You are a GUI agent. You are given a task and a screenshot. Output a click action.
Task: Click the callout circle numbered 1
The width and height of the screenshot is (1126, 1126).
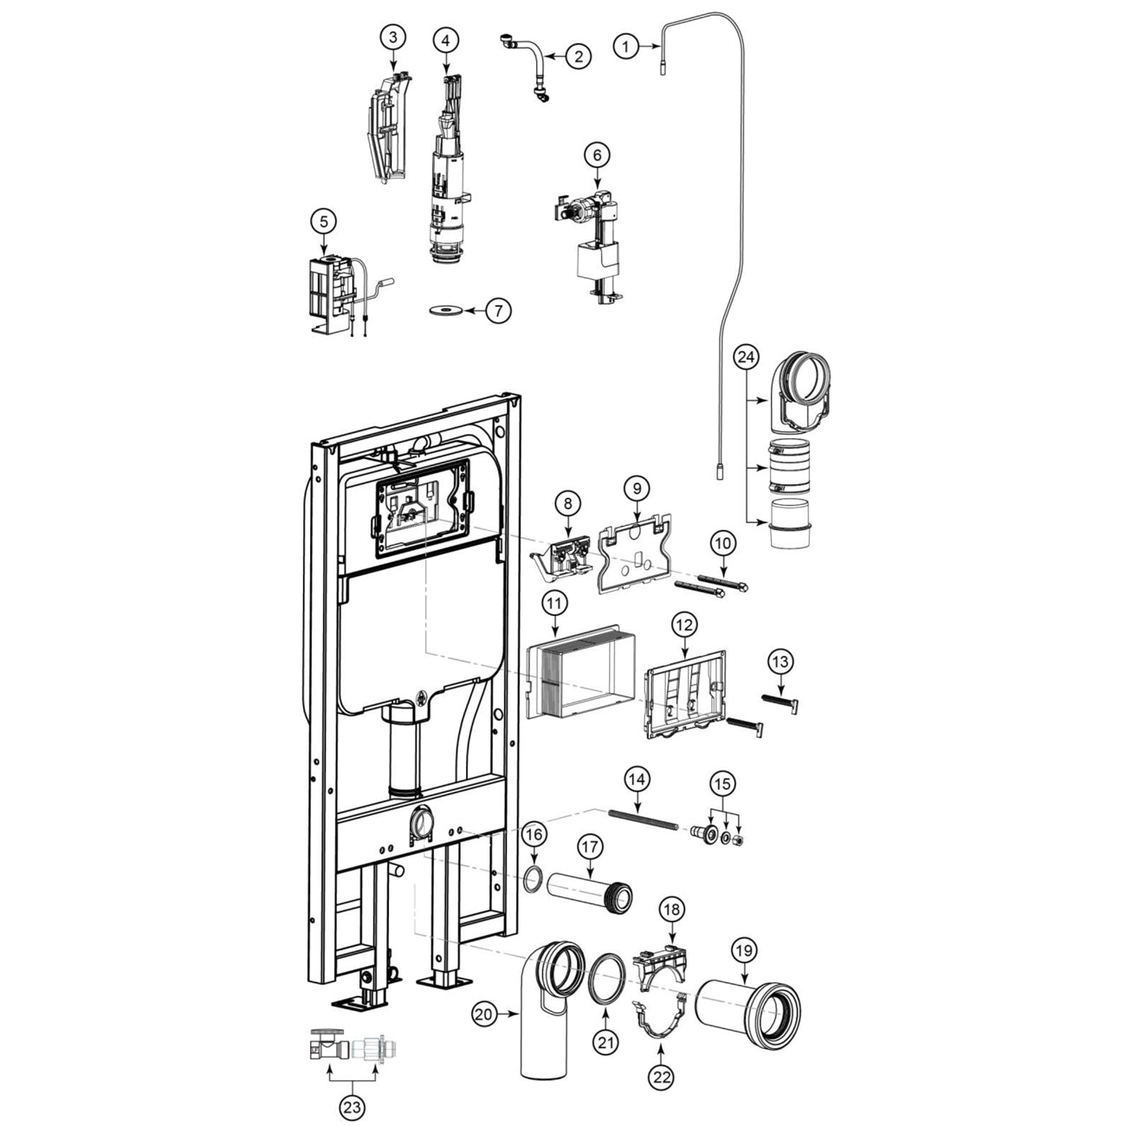pyautogui.click(x=626, y=46)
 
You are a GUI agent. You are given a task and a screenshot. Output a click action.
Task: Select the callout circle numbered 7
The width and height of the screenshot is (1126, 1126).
pyautogui.click(x=497, y=310)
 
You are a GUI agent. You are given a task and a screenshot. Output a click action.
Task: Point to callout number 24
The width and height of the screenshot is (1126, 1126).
pyautogui.click(x=747, y=355)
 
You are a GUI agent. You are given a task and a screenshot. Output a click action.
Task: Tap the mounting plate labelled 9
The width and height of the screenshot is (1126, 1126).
pyautogui.click(x=634, y=554)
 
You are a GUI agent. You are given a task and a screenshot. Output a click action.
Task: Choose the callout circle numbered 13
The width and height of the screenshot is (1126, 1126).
pyautogui.click(x=780, y=662)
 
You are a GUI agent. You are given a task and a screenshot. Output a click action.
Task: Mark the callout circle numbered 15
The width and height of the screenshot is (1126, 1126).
pyautogui.click(x=722, y=783)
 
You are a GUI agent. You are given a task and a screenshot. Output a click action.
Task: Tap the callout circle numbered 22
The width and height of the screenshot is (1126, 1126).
pyautogui.click(x=661, y=1077)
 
